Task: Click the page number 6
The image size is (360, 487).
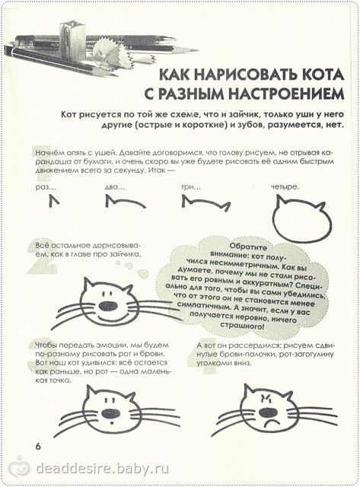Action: pyautogui.click(x=38, y=447)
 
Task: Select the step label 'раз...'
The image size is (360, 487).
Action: pyautogui.click(x=46, y=187)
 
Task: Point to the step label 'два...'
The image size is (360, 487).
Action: pyautogui.click(x=115, y=187)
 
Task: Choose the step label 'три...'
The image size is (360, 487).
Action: pyautogui.click(x=190, y=187)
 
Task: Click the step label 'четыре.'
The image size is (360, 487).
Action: pyautogui.click(x=285, y=187)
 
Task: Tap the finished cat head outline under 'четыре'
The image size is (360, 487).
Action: pyautogui.click(x=275, y=221)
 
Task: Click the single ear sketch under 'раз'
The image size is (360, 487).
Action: pyautogui.click(x=54, y=201)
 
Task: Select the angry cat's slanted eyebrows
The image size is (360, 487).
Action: pyautogui.click(x=266, y=396)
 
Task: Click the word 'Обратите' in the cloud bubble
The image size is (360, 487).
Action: pyautogui.click(x=248, y=247)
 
